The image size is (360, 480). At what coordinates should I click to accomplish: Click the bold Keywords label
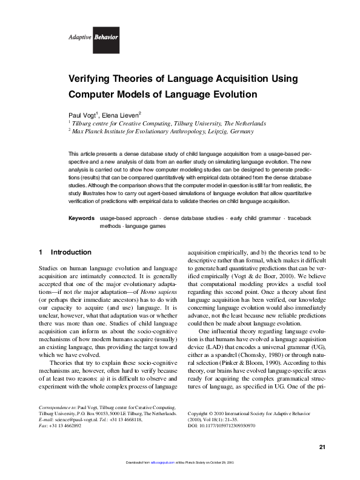point(81,217)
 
